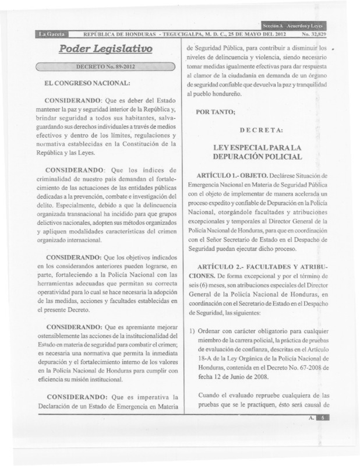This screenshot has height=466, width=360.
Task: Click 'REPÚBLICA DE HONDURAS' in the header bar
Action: click(123, 34)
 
